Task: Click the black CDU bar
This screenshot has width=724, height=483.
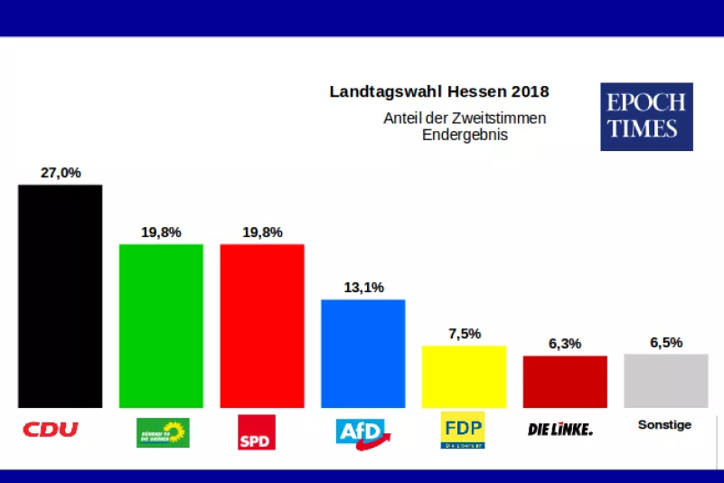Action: [61, 296]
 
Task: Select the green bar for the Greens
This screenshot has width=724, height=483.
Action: [161, 326]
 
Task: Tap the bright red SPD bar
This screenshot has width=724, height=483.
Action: [262, 326]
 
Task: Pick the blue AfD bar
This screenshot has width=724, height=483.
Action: [363, 354]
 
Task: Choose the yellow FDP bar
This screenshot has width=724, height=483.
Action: [464, 376]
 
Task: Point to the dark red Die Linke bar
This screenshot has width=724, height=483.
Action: [565, 382]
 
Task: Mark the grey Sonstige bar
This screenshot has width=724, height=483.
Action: [666, 381]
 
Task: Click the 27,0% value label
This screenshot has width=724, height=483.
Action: [61, 173]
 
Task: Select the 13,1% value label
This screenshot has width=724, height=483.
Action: [363, 288]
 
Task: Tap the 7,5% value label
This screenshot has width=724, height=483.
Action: [464, 333]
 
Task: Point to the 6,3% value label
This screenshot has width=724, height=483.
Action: [565, 344]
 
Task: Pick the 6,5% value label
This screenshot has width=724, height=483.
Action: [666, 343]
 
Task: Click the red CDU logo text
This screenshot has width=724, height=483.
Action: [51, 429]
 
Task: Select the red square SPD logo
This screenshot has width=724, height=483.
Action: [256, 431]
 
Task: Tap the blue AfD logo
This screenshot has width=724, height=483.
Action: [362, 431]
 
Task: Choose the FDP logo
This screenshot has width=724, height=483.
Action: [462, 431]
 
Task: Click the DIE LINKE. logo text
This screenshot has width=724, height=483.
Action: [560, 429]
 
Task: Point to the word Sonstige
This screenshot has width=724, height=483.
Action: [664, 424]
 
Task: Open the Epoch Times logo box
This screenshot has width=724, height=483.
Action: [646, 117]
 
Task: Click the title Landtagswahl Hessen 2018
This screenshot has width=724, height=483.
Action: [439, 91]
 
